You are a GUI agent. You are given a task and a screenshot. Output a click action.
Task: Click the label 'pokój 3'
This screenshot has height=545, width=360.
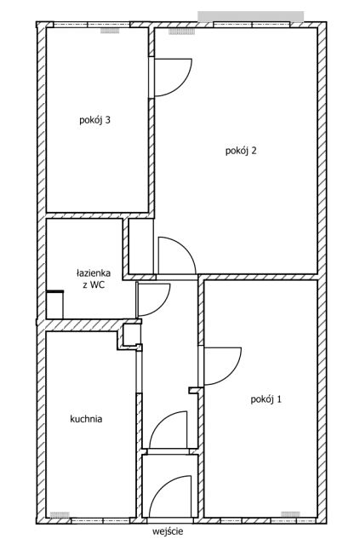tap(94, 121)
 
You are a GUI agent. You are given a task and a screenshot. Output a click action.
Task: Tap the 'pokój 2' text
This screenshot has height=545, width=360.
tap(241, 151)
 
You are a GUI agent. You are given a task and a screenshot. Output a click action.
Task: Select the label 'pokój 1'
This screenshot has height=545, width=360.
tap(266, 399)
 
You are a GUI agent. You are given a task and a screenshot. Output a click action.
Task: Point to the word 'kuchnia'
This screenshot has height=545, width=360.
tap(86, 419)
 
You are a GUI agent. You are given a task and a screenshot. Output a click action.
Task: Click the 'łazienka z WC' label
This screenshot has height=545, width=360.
tap(94, 278)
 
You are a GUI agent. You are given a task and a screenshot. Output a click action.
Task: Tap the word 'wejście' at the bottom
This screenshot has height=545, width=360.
tap(168, 531)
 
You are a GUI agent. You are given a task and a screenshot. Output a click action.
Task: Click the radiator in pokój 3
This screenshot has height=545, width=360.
tap(110, 31)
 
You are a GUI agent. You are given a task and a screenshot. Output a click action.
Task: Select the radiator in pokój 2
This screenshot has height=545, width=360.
tap(182, 32)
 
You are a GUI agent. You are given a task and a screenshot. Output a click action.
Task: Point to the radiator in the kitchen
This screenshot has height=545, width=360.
tap(60, 514)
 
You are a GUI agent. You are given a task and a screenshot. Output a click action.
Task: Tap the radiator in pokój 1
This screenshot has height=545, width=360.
tap(290, 514)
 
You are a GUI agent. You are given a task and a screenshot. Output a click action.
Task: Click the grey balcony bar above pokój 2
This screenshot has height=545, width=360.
tap(251, 16)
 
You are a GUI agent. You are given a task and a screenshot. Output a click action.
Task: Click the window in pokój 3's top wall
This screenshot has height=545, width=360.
tap(91, 25)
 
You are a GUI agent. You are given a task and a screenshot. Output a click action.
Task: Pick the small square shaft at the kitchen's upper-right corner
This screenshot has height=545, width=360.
tap(132, 335)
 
